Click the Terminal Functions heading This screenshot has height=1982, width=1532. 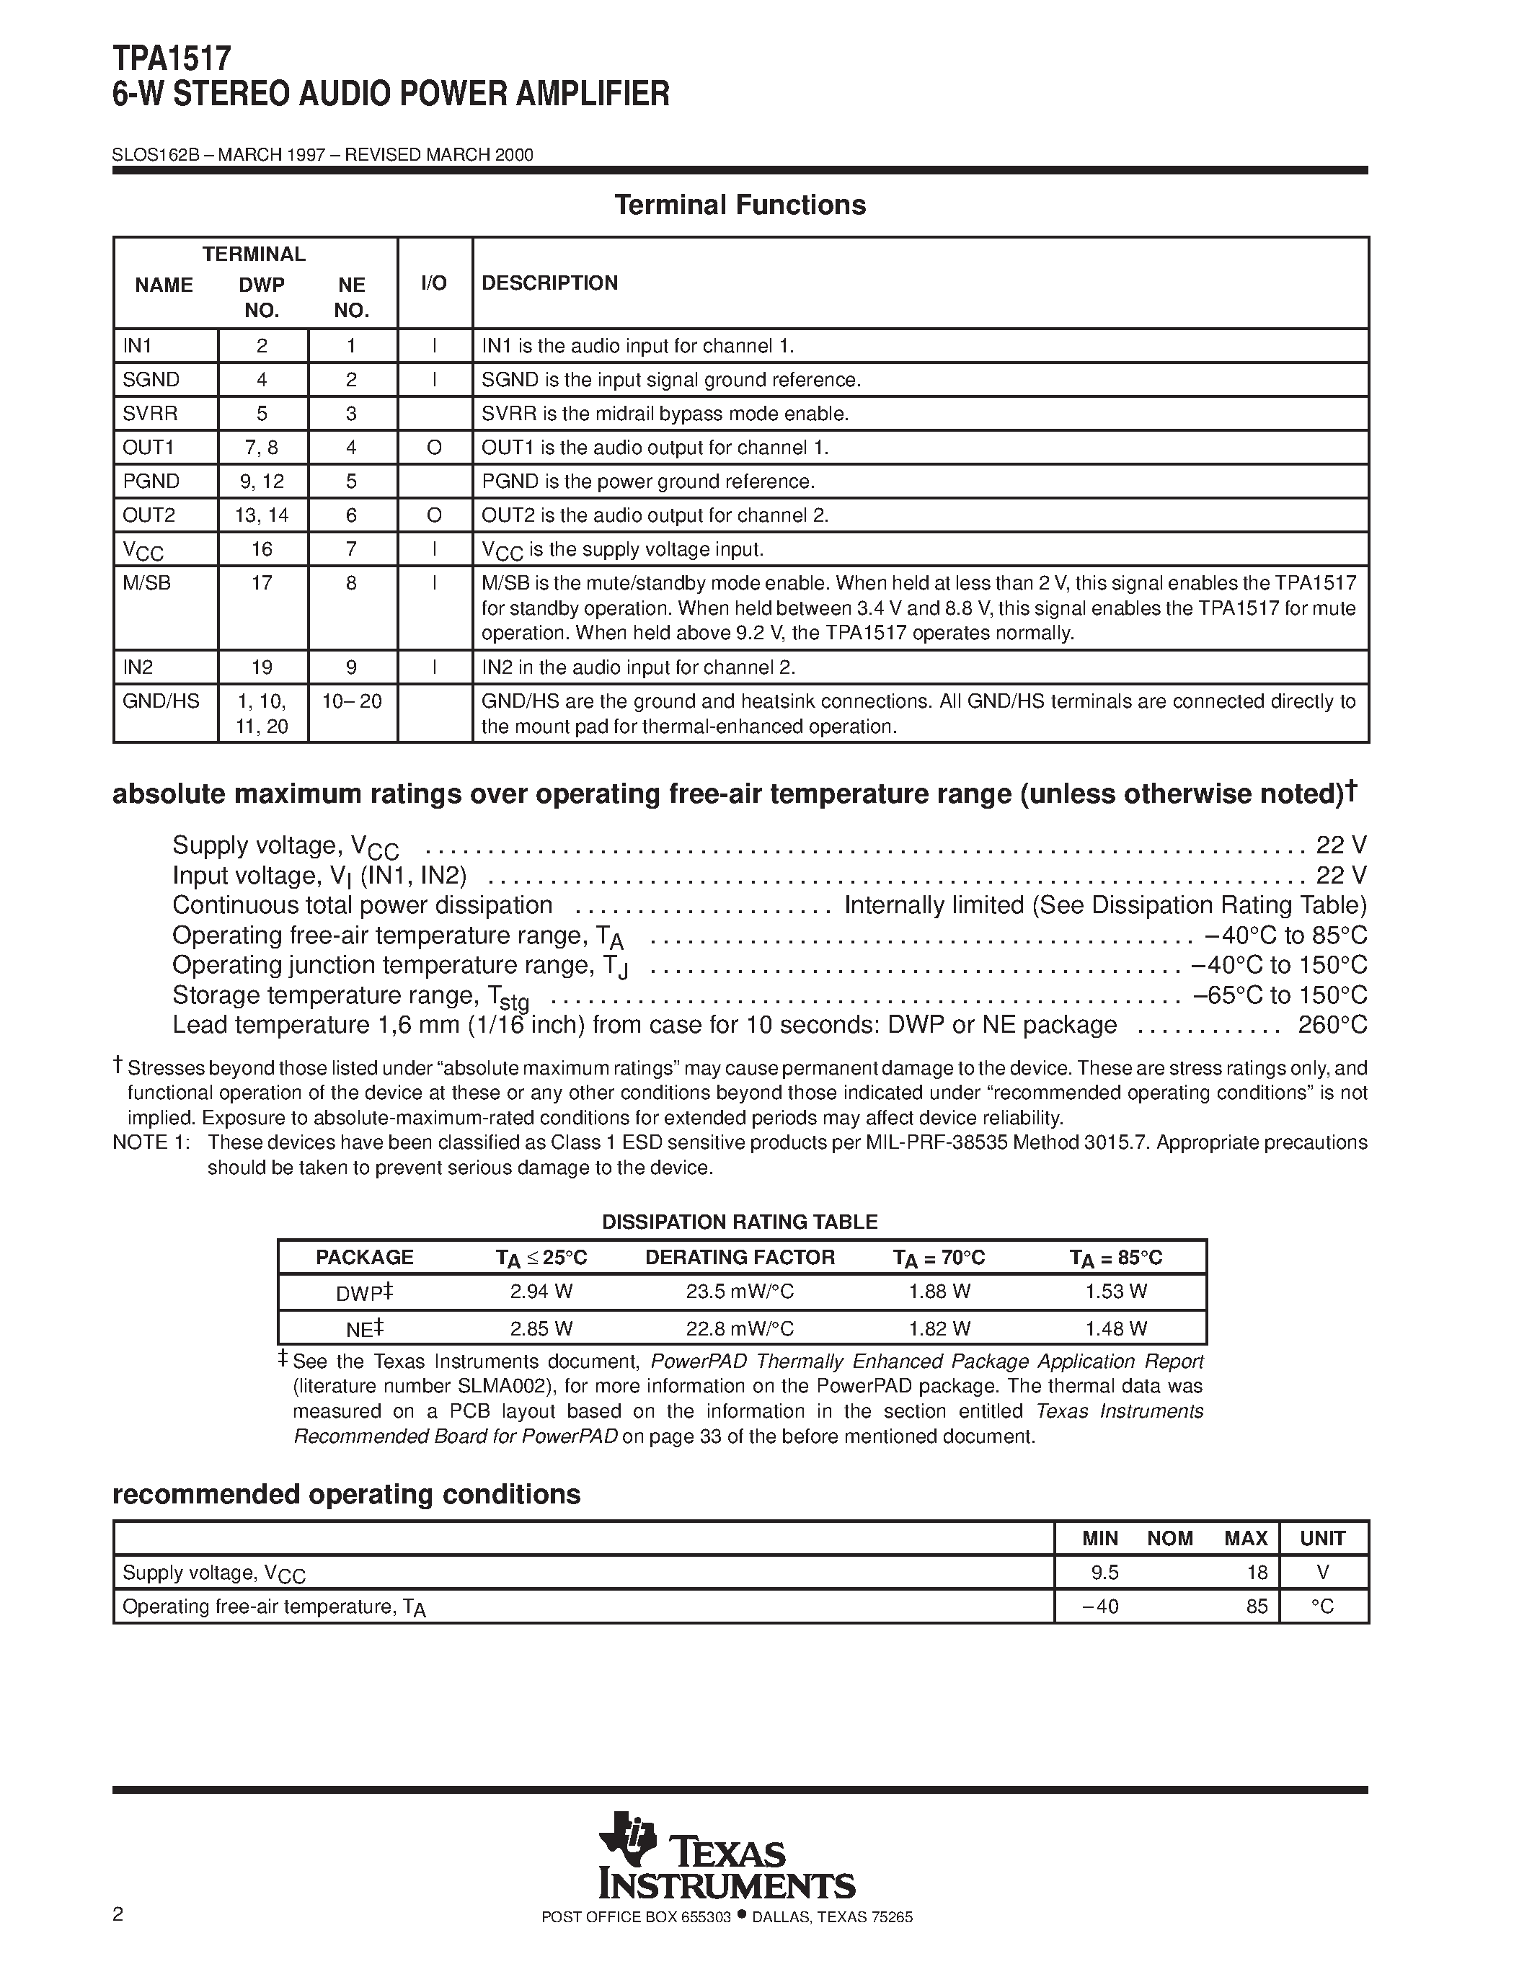click(740, 205)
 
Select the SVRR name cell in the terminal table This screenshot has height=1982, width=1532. click(151, 414)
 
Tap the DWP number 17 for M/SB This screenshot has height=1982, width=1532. click(262, 582)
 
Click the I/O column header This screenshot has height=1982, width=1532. click(434, 283)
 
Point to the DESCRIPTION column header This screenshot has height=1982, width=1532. click(549, 283)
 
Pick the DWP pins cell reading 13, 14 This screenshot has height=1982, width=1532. click(262, 515)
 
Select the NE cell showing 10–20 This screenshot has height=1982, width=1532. click(351, 701)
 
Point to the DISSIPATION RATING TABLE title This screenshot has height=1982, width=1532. click(740, 1222)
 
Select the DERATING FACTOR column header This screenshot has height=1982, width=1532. click(740, 1257)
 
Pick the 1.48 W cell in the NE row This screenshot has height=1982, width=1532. click(1115, 1328)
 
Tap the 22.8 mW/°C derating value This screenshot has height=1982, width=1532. click(740, 1328)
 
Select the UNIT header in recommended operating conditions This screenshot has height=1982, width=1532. click(1322, 1538)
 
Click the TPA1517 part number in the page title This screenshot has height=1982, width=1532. click(172, 60)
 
